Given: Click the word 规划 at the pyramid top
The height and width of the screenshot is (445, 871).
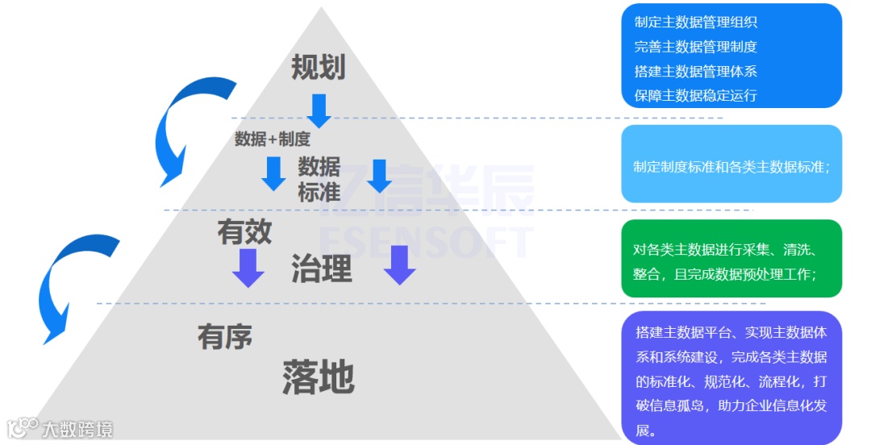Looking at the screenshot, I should pyautogui.click(x=318, y=68).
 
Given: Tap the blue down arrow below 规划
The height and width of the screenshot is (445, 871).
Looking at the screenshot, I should pyautogui.click(x=319, y=110).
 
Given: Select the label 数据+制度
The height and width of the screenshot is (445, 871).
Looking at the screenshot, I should pyautogui.click(x=272, y=139).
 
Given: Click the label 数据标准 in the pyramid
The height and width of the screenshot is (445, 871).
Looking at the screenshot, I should pyautogui.click(x=319, y=179).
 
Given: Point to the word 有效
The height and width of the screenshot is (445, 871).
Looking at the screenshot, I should pyautogui.click(x=244, y=232).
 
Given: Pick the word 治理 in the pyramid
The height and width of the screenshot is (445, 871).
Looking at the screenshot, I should pyautogui.click(x=322, y=269).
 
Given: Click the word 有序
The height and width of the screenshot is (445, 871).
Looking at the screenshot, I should pyautogui.click(x=225, y=336).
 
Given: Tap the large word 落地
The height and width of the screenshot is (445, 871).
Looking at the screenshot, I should pyautogui.click(x=319, y=376).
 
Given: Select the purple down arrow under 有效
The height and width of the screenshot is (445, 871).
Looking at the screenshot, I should pyautogui.click(x=248, y=268).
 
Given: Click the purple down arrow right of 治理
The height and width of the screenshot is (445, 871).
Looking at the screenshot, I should pyautogui.click(x=399, y=264).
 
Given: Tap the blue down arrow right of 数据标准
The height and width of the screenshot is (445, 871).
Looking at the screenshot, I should pyautogui.click(x=379, y=175).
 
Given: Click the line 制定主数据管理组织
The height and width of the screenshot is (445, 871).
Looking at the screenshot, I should pyautogui.click(x=695, y=23).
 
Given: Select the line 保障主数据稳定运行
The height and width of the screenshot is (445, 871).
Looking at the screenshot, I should pyautogui.click(x=695, y=95).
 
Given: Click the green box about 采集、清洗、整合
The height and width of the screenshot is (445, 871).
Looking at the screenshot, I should pyautogui.click(x=731, y=259).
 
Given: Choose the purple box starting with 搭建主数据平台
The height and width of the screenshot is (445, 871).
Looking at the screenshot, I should pyautogui.click(x=731, y=377).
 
